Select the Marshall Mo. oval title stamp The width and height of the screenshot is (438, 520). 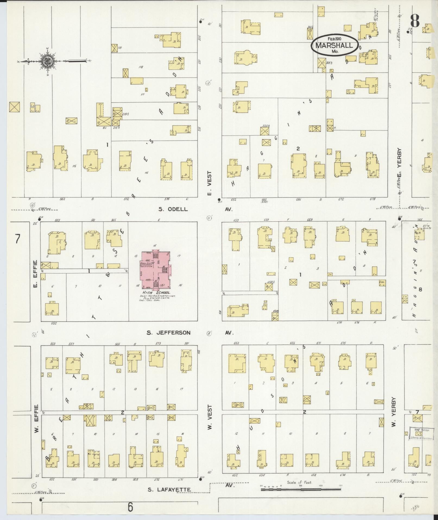click(x=334, y=45)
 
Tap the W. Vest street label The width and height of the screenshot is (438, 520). click(x=209, y=418)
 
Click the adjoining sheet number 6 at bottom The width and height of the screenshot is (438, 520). click(x=131, y=507)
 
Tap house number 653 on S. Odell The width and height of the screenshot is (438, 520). click(x=236, y=220)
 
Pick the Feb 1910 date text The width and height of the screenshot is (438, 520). click(x=334, y=39)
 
